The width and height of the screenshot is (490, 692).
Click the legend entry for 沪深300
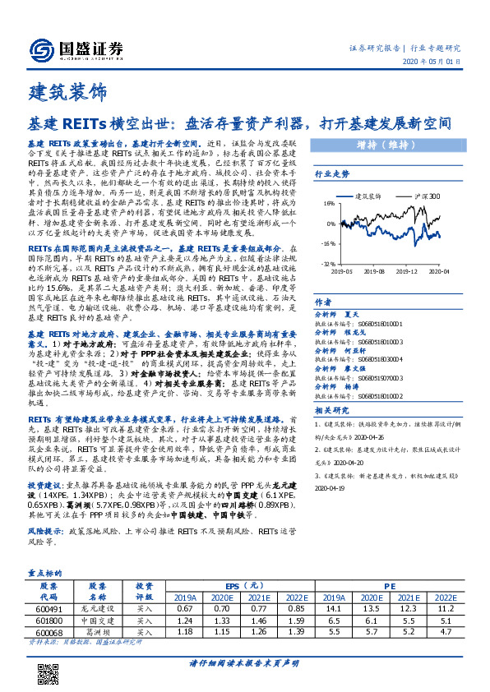coord(423,196)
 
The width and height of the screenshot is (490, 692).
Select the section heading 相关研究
coord(332,409)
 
